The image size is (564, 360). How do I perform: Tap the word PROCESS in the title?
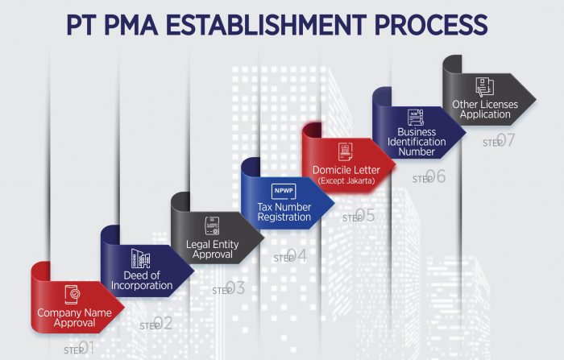pos(431,24)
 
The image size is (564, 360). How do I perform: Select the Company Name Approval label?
pos(74,317)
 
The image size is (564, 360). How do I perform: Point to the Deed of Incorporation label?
pos(142,280)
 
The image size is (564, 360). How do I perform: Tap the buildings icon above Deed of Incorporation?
pos(141,259)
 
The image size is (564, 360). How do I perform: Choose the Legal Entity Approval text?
pos(212,249)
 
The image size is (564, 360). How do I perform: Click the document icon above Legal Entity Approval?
pos(212,226)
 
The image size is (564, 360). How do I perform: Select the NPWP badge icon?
pos(284,191)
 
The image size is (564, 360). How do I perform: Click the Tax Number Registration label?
pos(284,212)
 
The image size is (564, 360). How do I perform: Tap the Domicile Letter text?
pos(346,170)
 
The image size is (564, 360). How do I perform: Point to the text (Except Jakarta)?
pos(346,180)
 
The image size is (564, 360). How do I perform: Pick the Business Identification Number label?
pos(417,142)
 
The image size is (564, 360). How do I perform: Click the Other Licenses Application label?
pos(485,110)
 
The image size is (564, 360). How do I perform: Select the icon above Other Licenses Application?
pos(484,87)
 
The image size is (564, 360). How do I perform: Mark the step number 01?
pos(86,348)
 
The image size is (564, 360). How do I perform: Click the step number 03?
pos(235,288)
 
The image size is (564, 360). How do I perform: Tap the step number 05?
pos(366,215)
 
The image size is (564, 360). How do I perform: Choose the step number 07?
pos(506,140)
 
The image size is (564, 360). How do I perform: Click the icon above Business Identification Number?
pos(416,118)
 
